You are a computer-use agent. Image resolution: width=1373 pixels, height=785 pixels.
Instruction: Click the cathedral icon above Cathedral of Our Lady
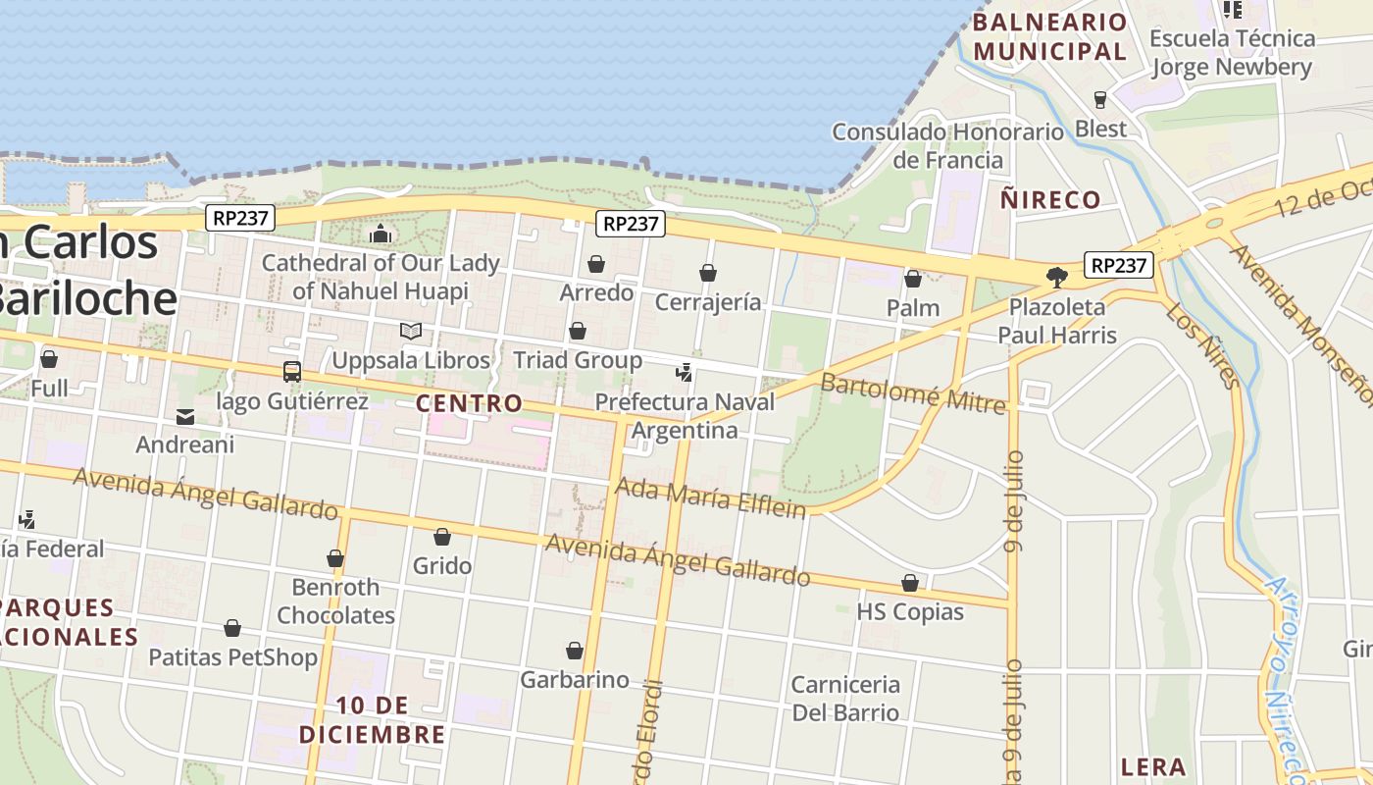point(381,234)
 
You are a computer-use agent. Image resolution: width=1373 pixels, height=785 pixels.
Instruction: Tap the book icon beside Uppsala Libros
point(411,332)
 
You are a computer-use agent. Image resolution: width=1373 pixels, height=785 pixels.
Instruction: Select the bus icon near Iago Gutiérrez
point(291,372)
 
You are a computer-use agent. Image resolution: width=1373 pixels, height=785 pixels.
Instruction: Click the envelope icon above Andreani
point(184,417)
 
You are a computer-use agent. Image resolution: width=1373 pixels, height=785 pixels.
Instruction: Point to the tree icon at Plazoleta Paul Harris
point(1056,278)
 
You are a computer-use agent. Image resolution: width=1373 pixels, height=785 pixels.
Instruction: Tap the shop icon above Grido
point(442,537)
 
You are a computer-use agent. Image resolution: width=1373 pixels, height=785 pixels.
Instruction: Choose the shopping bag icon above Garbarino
point(575,651)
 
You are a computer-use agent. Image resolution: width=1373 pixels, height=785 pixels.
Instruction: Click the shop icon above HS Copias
point(910,583)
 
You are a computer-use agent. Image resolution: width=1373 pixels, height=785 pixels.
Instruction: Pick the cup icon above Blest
point(1100,99)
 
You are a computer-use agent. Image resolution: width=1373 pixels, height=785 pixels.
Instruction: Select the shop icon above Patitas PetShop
point(232,628)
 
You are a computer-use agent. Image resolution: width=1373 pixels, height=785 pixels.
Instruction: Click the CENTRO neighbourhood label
point(469,403)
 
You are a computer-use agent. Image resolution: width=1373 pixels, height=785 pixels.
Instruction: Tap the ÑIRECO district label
point(1050,200)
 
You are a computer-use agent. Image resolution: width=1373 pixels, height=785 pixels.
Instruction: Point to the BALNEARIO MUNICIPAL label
point(1050,36)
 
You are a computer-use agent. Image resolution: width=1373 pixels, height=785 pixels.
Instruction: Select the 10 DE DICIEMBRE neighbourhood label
point(372,719)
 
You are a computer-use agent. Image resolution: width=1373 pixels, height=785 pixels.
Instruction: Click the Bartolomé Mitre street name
point(913,392)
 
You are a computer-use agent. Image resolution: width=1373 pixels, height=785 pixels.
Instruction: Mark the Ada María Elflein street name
point(710,497)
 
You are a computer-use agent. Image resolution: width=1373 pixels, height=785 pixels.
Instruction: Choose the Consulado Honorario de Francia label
point(947,145)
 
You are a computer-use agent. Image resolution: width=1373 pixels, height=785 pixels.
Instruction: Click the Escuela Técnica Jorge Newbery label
point(1232,52)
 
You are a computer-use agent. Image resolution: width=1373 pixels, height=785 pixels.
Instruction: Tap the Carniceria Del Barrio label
point(845,698)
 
